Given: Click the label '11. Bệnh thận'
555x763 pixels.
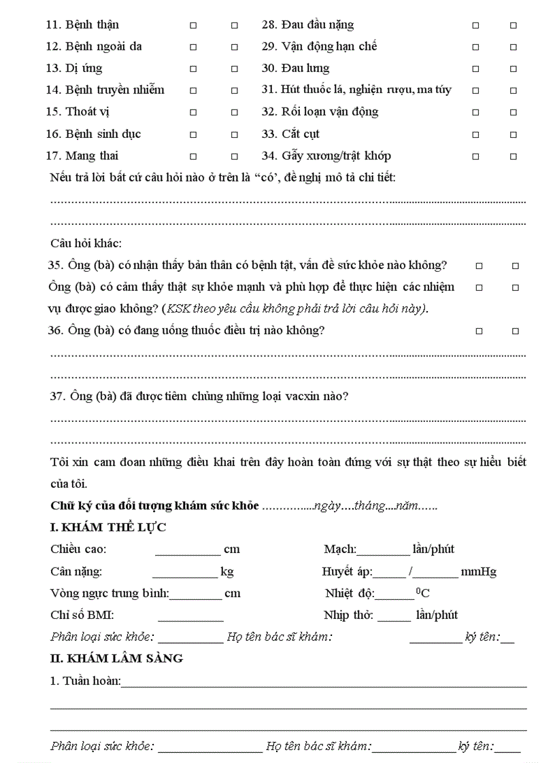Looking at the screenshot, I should coord(82,25).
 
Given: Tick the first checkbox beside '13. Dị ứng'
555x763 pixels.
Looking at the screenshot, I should coord(193,69).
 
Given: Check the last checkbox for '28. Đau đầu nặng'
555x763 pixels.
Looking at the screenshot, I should coord(514,25).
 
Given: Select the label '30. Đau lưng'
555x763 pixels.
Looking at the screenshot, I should coord(296,69).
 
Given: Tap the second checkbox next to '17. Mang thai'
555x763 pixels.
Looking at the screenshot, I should coord(235,156).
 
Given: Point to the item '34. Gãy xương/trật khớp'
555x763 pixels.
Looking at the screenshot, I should coord(326,156).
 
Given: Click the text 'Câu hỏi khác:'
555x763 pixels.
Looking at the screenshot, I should coord(86,243).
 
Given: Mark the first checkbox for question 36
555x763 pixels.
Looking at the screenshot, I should coord(479,332).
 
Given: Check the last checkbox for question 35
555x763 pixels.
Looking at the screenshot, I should coord(515,266).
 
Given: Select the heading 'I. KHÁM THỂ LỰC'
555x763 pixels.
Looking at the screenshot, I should coord(108,527).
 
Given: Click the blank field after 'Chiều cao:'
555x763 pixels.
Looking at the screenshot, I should coord(187,550).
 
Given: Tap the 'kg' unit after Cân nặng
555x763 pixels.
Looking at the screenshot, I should coord(227,571).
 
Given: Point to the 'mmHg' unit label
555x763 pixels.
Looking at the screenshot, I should coord(478,571).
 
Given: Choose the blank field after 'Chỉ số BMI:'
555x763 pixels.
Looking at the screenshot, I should coord(190,616).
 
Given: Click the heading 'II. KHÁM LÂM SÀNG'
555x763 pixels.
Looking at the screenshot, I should coord(116,658).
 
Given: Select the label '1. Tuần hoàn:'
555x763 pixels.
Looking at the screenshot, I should coord(85,681).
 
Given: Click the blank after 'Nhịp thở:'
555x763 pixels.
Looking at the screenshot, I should coord(394,616).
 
